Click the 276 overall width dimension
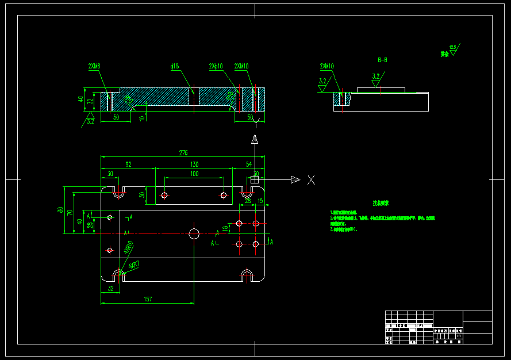click(x=183, y=152)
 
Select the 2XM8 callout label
click(x=94, y=66)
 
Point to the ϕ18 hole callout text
click(x=175, y=66)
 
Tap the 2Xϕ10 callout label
click(x=216, y=66)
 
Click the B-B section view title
click(x=382, y=59)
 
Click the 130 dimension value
click(x=194, y=164)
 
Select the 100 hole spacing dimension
click(x=194, y=174)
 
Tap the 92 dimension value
click(x=128, y=164)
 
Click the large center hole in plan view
click(x=194, y=233)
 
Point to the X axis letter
click(x=311, y=180)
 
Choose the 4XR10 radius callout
click(x=129, y=248)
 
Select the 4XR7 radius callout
click(x=134, y=265)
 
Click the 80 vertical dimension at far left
click(x=60, y=210)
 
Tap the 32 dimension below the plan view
click(x=110, y=289)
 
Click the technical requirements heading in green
click(x=381, y=203)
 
